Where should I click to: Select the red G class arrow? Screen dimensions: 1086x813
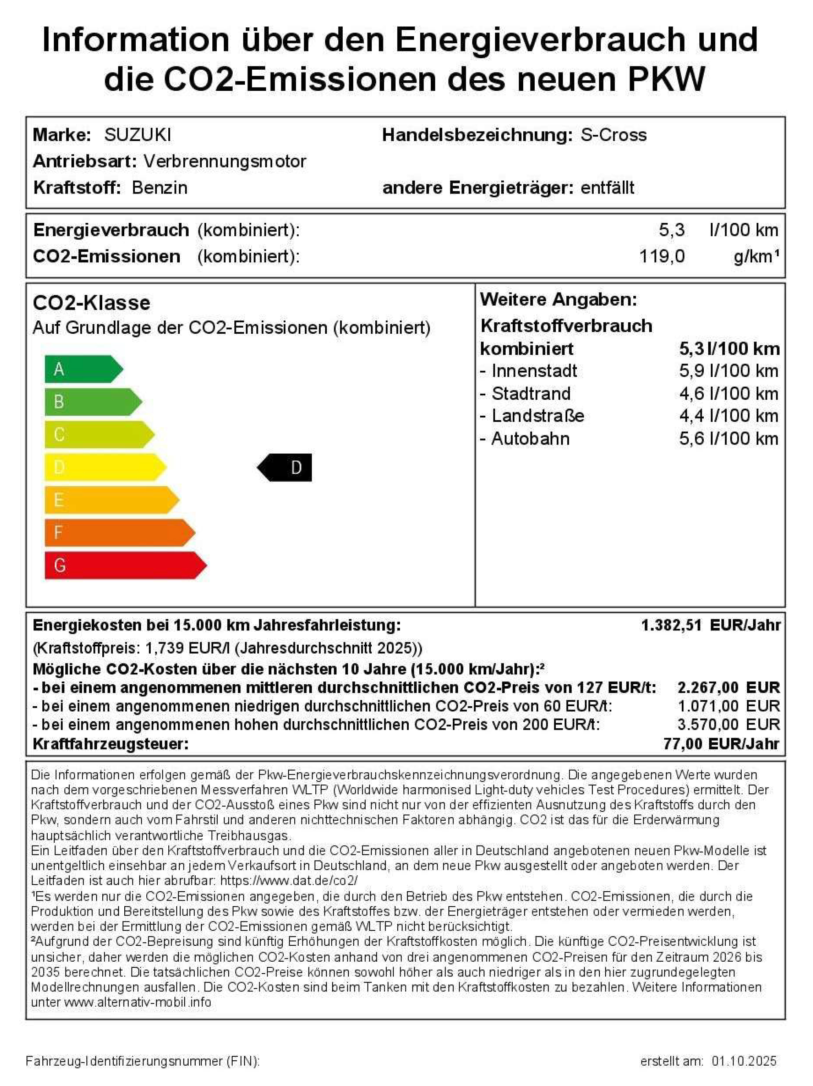[123, 565]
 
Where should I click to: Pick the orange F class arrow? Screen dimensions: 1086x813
[118, 532]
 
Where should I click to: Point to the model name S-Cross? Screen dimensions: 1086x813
[613, 135]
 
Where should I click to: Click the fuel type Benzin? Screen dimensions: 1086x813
[160, 187]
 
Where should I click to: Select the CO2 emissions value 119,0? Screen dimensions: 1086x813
[661, 256]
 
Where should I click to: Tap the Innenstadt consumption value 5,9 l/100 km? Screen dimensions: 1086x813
[729, 371]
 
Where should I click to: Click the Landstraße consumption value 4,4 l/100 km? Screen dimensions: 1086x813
[729, 416]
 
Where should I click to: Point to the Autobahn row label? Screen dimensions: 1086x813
[530, 438]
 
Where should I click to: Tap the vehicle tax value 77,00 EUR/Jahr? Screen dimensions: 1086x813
[721, 744]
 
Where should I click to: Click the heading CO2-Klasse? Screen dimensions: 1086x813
[91, 302]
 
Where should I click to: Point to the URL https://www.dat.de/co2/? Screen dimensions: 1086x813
[289, 880]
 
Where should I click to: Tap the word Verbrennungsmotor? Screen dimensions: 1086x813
[225, 161]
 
